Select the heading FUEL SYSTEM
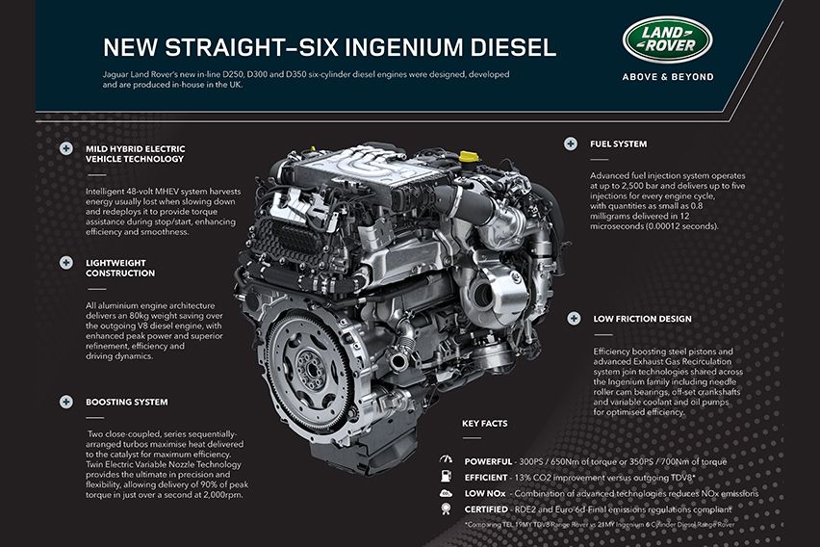pyautogui.click(x=618, y=144)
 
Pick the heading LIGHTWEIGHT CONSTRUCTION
pyautogui.click(x=120, y=267)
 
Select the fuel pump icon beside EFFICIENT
pyautogui.click(x=445, y=477)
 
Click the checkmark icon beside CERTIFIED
pyautogui.click(x=445, y=508)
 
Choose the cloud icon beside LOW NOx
pyautogui.click(x=445, y=493)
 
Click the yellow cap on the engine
pyautogui.click(x=468, y=154)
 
